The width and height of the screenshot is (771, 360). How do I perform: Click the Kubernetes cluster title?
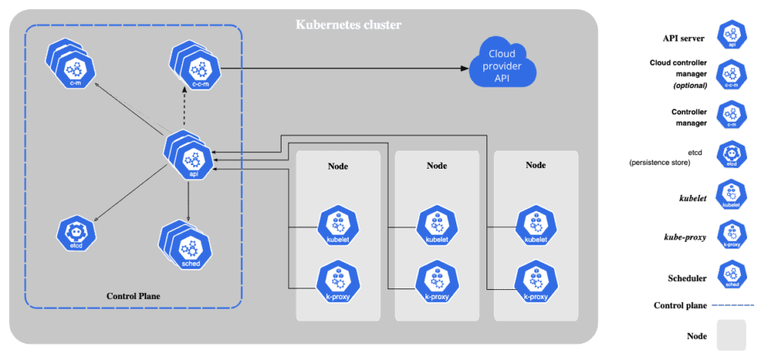click(x=347, y=25)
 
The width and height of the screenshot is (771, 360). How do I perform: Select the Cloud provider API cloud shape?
click(x=503, y=66)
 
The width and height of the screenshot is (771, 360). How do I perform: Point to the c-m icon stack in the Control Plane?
click(x=71, y=66)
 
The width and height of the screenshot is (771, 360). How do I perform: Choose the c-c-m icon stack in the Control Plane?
click(x=195, y=66)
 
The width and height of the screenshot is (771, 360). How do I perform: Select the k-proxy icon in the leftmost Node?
click(x=337, y=281)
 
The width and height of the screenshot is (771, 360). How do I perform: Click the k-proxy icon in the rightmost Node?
click(x=535, y=281)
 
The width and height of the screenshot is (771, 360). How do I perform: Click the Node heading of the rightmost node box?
click(x=535, y=165)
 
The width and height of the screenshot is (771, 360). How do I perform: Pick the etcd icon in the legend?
click(x=731, y=154)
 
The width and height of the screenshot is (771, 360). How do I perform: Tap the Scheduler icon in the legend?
click(x=731, y=274)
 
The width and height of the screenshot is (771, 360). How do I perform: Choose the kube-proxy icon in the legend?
click(x=731, y=234)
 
